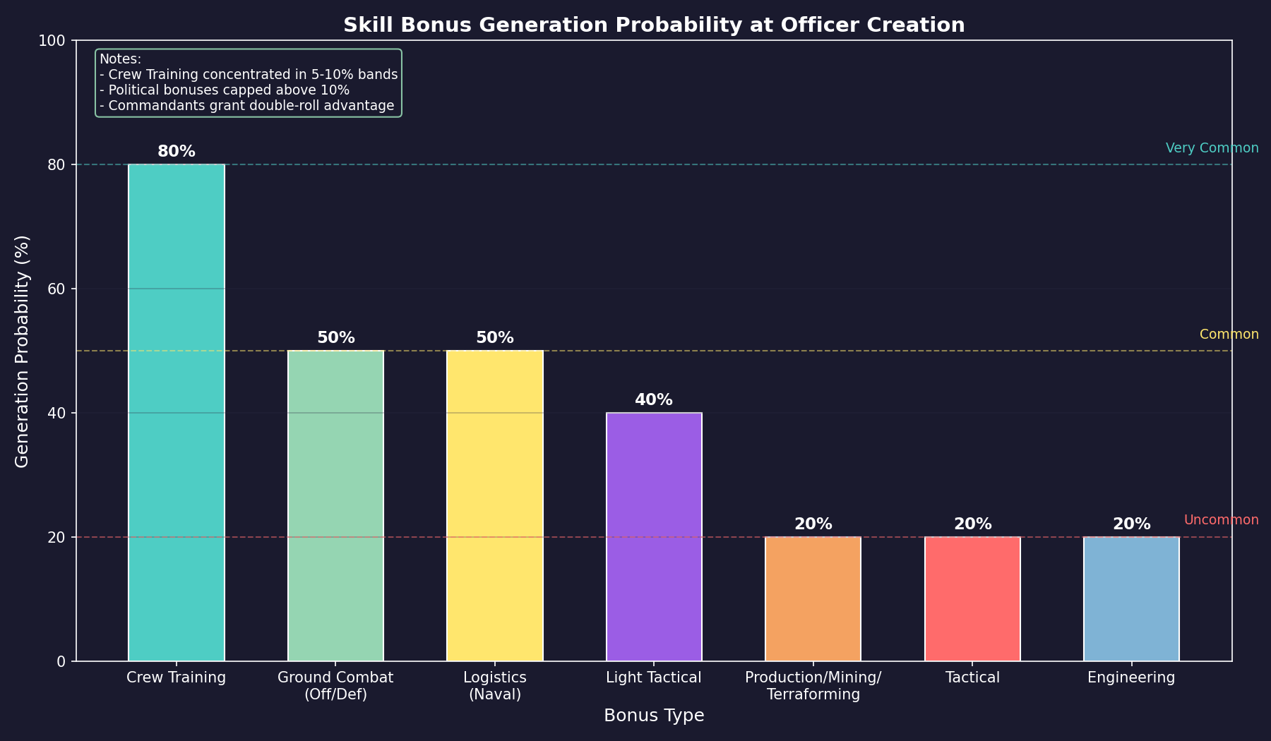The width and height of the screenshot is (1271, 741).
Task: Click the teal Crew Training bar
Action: pos(177,413)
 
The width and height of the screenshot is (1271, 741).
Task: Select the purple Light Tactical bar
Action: pos(654,536)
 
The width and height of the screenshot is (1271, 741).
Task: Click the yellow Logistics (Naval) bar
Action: pos(495,505)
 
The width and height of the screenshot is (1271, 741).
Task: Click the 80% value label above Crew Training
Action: pos(177,152)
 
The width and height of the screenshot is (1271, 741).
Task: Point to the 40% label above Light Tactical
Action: pos(654,400)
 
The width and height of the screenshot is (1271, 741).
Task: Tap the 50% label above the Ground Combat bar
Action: pos(336,338)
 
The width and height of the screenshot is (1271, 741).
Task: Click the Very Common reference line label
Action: pos(1212,148)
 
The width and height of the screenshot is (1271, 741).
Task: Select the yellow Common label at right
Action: pos(1229,335)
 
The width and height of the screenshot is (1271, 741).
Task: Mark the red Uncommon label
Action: pos(1221,520)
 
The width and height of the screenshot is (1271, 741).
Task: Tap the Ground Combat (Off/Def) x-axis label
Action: pos(335,686)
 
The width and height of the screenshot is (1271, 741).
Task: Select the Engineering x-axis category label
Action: pos(1131,678)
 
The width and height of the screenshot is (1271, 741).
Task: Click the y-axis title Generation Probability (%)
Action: pos(23,351)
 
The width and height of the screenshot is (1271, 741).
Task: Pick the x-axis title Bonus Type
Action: pos(654,716)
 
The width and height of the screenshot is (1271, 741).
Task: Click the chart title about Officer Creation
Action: pos(654,25)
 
